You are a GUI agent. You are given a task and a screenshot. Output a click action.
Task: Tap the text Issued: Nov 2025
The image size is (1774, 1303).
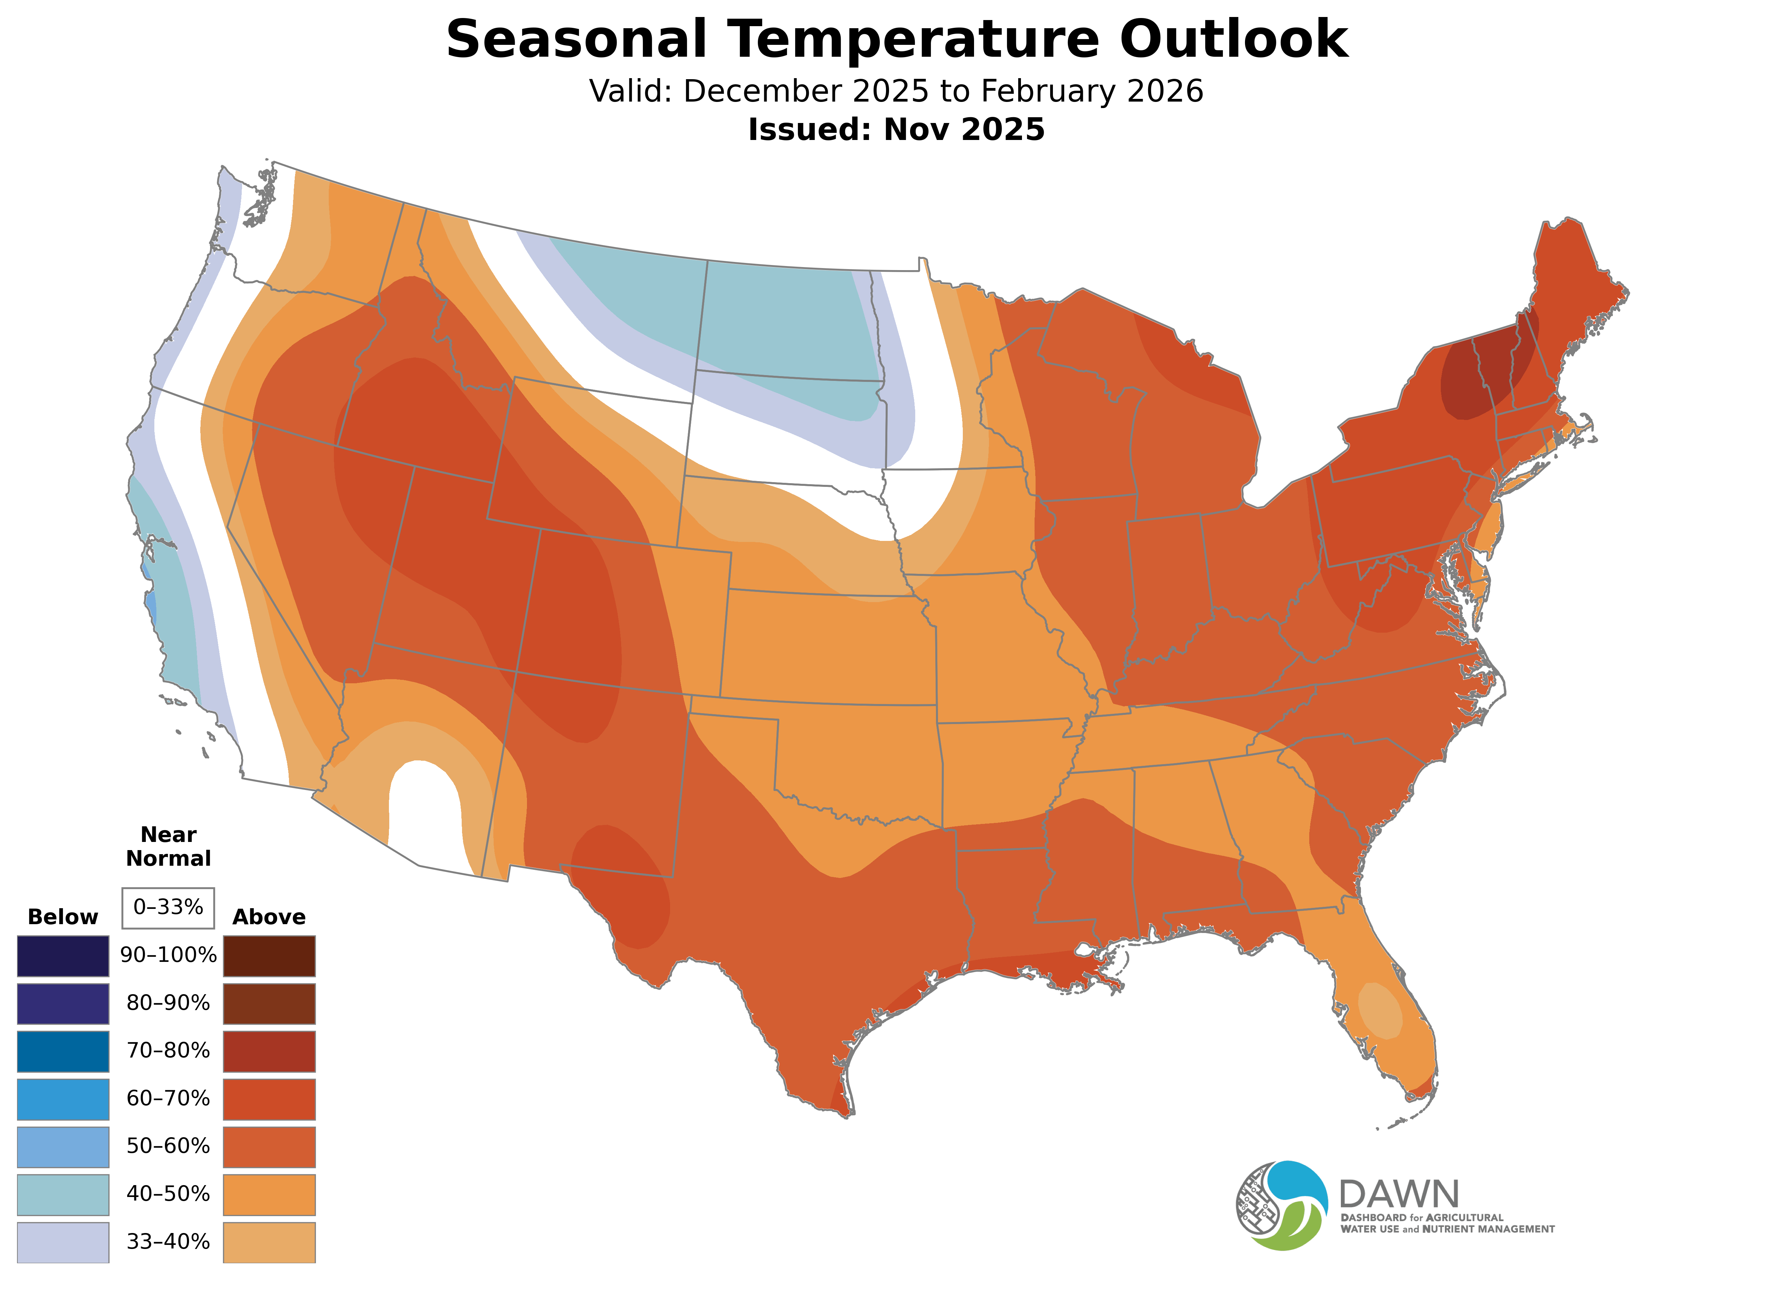pos(896,129)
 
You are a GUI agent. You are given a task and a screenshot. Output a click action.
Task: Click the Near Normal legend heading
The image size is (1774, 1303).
pos(168,846)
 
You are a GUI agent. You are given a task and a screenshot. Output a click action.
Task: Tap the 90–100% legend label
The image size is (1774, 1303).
pos(168,955)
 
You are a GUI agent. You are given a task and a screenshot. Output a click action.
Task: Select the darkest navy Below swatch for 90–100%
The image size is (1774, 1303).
pos(63,956)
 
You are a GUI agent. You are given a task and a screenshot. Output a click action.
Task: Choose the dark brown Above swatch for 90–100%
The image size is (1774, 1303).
pos(269,956)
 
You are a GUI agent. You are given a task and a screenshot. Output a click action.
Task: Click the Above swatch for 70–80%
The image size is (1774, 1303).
pos(269,1051)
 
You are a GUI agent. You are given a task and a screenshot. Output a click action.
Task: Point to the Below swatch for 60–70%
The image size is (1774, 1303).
pos(63,1099)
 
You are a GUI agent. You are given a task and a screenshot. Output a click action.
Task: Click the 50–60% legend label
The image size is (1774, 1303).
pos(168,1146)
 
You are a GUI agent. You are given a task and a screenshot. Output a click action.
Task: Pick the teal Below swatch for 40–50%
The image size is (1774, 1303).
pos(63,1194)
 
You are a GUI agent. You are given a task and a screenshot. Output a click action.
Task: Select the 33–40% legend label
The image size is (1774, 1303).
pos(168,1242)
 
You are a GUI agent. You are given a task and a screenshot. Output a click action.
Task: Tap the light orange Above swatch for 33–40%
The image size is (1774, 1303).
pos(269,1242)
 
